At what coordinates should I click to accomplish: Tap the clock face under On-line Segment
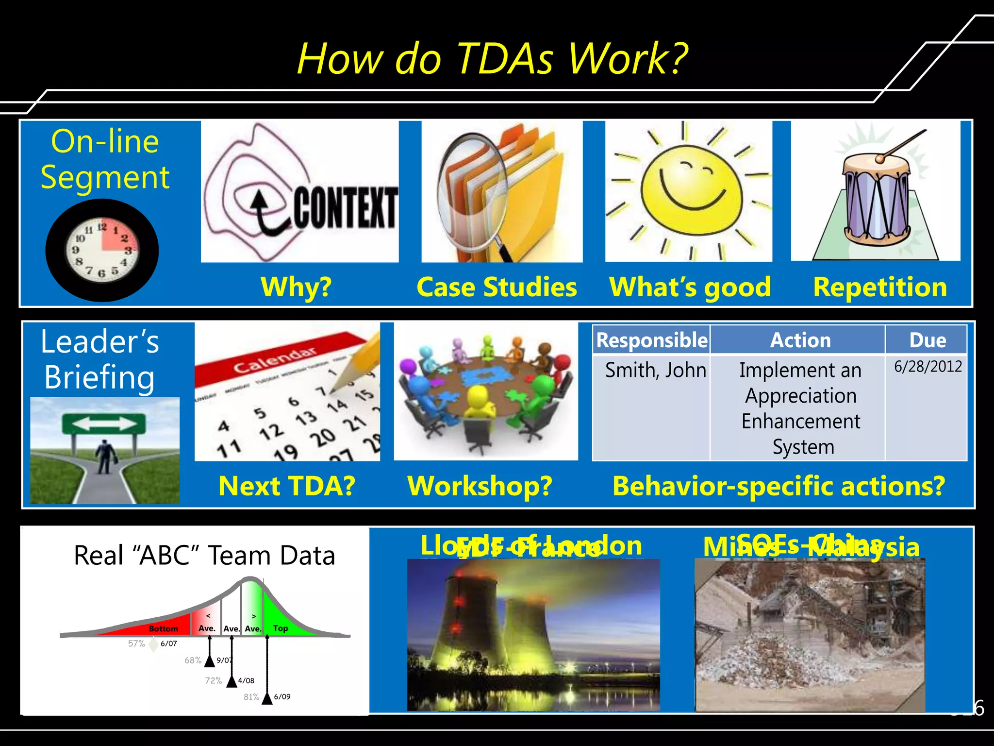(102, 250)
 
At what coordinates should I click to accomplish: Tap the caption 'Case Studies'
(497, 287)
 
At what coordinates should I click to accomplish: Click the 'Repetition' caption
(879, 287)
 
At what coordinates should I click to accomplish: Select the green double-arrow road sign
(104, 424)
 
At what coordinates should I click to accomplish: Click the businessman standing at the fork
(104, 457)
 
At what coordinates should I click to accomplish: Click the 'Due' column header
(927, 340)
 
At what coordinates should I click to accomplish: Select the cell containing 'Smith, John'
(655, 371)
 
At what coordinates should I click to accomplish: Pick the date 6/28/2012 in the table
(928, 367)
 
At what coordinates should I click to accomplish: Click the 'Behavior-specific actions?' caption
(779, 486)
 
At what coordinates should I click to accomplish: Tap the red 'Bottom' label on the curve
(163, 628)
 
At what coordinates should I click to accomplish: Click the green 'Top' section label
(280, 628)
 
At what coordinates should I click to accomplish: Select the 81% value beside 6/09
(251, 697)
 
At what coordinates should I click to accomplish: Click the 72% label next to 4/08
(213, 680)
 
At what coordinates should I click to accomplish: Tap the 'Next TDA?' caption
(287, 486)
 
